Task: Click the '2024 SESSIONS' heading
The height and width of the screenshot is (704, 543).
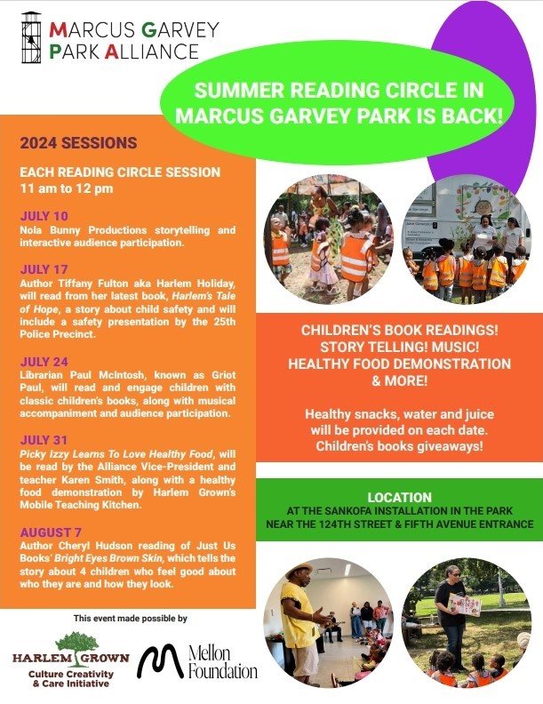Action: pyautogui.click(x=78, y=143)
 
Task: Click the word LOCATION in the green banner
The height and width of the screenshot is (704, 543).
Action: pyautogui.click(x=399, y=497)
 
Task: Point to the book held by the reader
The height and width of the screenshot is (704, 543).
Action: pyautogui.click(x=465, y=605)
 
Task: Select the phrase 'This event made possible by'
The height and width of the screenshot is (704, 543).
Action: pyautogui.click(x=131, y=617)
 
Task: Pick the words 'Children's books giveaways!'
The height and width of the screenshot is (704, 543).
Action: pyautogui.click(x=399, y=445)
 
